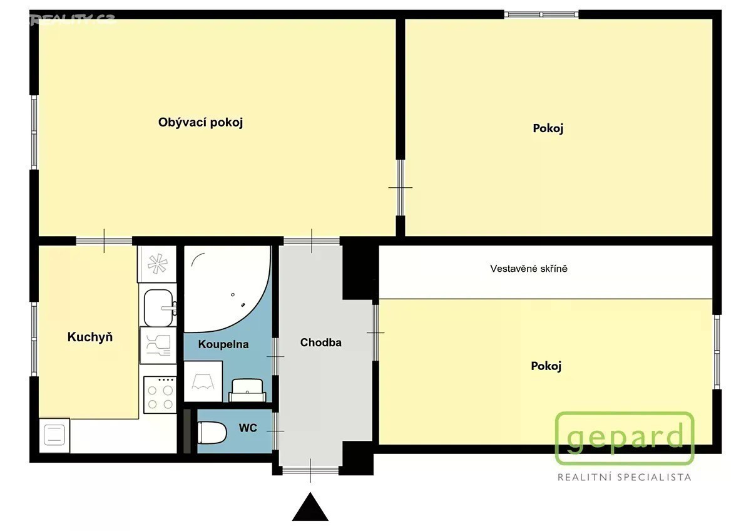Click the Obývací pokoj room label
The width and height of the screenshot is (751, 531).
(x=200, y=123)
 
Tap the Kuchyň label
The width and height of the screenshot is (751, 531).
(x=90, y=337)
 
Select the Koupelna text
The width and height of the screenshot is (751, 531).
(x=223, y=344)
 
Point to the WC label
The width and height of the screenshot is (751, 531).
(x=248, y=428)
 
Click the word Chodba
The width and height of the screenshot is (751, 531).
(x=321, y=342)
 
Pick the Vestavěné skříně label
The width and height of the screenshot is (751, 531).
(x=529, y=269)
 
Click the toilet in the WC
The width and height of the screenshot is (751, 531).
(x=212, y=433)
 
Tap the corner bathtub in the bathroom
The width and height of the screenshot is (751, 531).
(x=227, y=289)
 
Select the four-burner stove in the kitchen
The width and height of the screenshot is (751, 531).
(x=160, y=395)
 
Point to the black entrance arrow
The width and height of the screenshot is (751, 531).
(x=310, y=507)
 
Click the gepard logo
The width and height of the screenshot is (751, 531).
(x=625, y=438)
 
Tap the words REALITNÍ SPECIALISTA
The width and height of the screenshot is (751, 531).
(x=625, y=477)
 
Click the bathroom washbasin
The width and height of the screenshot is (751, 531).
(x=247, y=391)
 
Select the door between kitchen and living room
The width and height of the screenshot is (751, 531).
(x=104, y=241)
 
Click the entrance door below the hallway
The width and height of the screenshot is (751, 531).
(x=310, y=470)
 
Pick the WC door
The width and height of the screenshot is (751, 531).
(x=275, y=431)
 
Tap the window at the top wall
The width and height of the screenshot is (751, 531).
(x=541, y=14)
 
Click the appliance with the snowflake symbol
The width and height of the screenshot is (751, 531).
(x=157, y=264)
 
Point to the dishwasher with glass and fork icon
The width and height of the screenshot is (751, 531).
(x=158, y=346)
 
